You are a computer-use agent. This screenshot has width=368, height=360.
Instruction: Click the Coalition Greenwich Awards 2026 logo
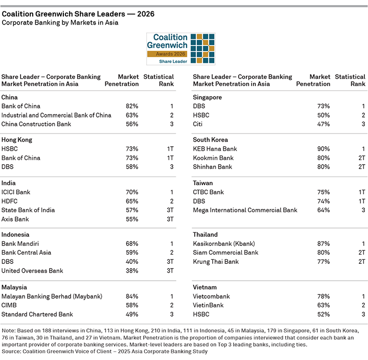(180, 49)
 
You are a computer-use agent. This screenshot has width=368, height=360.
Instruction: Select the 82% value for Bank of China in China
(132, 106)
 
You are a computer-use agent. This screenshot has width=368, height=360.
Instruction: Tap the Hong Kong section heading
(17, 140)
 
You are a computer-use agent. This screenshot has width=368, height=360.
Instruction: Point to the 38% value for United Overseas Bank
(132, 271)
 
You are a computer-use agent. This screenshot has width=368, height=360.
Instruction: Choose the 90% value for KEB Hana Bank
(323, 149)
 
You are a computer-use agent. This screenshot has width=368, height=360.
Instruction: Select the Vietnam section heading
(204, 287)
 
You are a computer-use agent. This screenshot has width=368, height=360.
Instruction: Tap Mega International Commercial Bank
(245, 210)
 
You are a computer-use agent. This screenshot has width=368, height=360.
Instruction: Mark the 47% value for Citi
(323, 124)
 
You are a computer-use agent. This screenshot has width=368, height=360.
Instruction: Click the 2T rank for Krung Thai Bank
(361, 262)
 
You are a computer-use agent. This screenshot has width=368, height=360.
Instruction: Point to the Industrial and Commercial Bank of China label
(56, 115)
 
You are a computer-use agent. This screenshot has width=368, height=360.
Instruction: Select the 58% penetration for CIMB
(132, 305)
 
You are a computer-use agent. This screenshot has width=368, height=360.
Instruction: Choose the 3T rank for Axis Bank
(169, 219)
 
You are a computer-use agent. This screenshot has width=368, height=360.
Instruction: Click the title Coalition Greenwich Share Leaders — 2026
(78, 14)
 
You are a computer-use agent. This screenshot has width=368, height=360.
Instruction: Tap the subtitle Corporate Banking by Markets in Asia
(60, 23)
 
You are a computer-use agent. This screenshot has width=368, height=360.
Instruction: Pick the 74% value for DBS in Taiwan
(323, 201)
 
